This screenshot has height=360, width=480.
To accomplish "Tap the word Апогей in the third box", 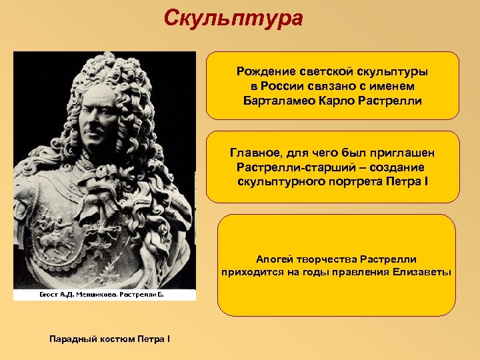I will pyautogui.click(x=274, y=259).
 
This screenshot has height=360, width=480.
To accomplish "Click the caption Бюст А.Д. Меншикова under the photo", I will pyautogui.click(x=77, y=294).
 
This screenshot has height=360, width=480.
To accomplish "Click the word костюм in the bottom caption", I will pyautogui.click(x=115, y=339).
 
